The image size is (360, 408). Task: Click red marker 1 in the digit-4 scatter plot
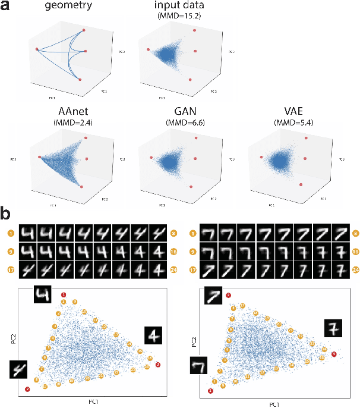coord(65,295)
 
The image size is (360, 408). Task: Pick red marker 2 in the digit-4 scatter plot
coord(27,390)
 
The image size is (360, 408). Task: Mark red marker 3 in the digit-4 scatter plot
coord(157,364)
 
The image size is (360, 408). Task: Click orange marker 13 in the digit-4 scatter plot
coord(96,321)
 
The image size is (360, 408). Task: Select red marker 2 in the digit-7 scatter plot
coord(229,295)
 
